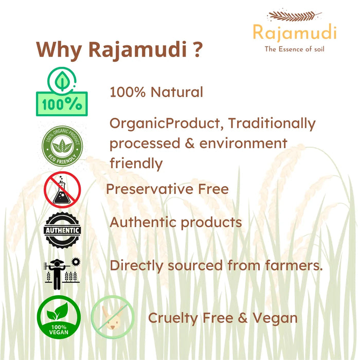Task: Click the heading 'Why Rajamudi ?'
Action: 119,50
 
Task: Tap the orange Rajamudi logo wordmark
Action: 294,32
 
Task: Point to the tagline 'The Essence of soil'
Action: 294,49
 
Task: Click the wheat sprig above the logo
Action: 294,16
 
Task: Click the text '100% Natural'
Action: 156,92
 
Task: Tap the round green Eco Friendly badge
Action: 62,146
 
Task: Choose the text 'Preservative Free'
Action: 167,189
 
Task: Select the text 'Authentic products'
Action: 176,223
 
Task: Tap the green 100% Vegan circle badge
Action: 59,316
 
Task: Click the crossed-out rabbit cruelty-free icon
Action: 112,316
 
